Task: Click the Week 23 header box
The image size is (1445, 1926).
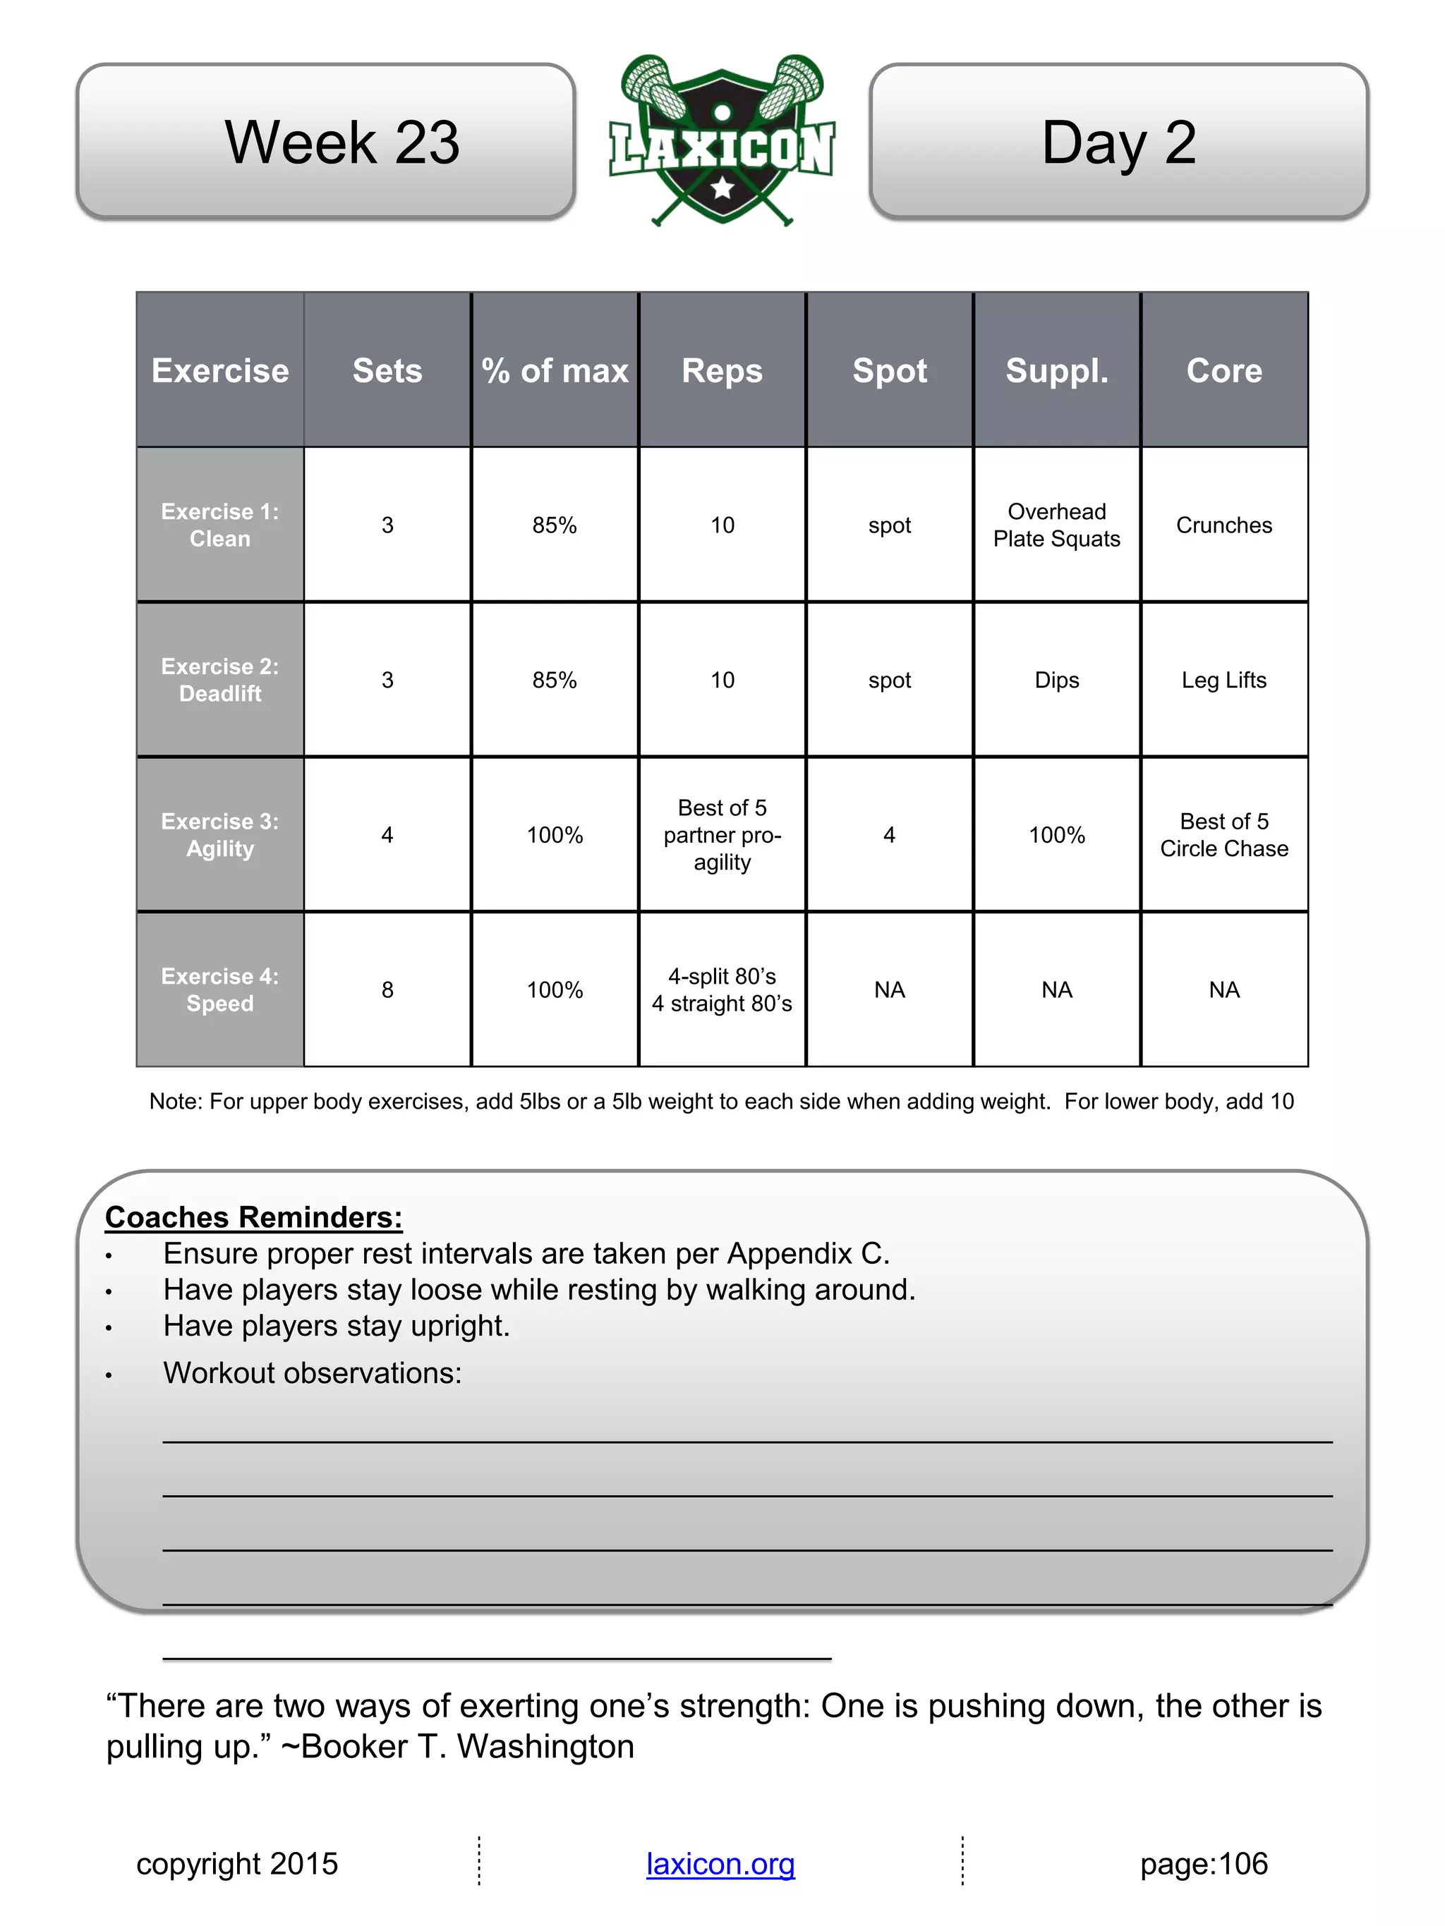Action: tap(326, 141)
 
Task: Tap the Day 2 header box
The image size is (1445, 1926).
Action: tap(1118, 141)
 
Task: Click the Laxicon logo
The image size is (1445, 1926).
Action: tap(722, 140)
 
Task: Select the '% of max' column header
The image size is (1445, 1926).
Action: tap(555, 371)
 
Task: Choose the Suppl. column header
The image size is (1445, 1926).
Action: tap(1056, 371)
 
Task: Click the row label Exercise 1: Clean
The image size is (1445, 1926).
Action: tap(220, 525)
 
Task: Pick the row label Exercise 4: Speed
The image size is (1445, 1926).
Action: tap(220, 990)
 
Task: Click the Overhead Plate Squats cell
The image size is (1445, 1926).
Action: tap(1056, 525)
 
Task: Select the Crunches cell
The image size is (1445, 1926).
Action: tap(1223, 525)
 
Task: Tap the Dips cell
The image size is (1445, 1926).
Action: tap(1056, 680)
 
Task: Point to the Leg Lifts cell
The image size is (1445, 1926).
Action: tap(1223, 680)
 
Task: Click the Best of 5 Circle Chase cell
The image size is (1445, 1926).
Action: tap(1223, 835)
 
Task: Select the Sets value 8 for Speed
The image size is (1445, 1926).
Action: tap(387, 990)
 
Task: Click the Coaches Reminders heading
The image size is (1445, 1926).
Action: tap(253, 1217)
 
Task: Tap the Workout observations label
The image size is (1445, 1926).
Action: tap(312, 1373)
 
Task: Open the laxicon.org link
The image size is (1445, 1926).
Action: tap(720, 1864)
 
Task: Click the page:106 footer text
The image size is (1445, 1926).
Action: tap(1204, 1864)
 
